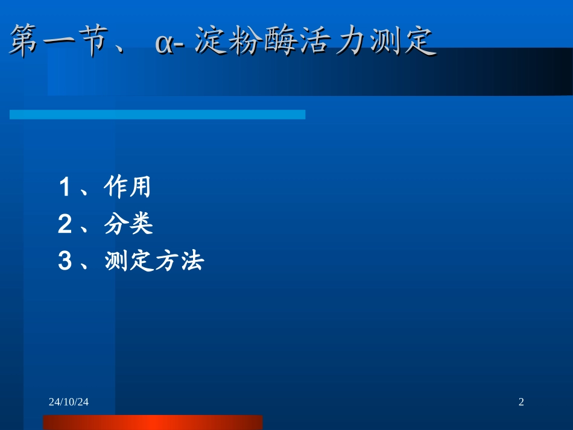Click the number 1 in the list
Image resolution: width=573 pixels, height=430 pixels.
[65, 188]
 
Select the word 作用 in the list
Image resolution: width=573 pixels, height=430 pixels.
[127, 188]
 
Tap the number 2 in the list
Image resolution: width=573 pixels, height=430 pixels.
[65, 225]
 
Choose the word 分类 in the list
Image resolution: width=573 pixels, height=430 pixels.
[128, 224]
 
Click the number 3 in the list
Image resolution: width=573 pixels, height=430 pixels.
[65, 262]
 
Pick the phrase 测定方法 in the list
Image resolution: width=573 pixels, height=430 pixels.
[154, 261]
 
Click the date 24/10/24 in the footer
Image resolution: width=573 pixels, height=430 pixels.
[69, 402]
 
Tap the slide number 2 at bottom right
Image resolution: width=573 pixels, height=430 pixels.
[521, 402]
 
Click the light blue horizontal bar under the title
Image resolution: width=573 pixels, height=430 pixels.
[157, 115]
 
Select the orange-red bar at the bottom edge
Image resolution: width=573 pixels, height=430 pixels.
[153, 422]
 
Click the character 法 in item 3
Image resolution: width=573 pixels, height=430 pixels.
[192, 261]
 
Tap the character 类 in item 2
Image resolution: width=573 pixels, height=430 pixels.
[141, 224]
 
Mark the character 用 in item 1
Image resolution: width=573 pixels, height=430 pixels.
[140, 188]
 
